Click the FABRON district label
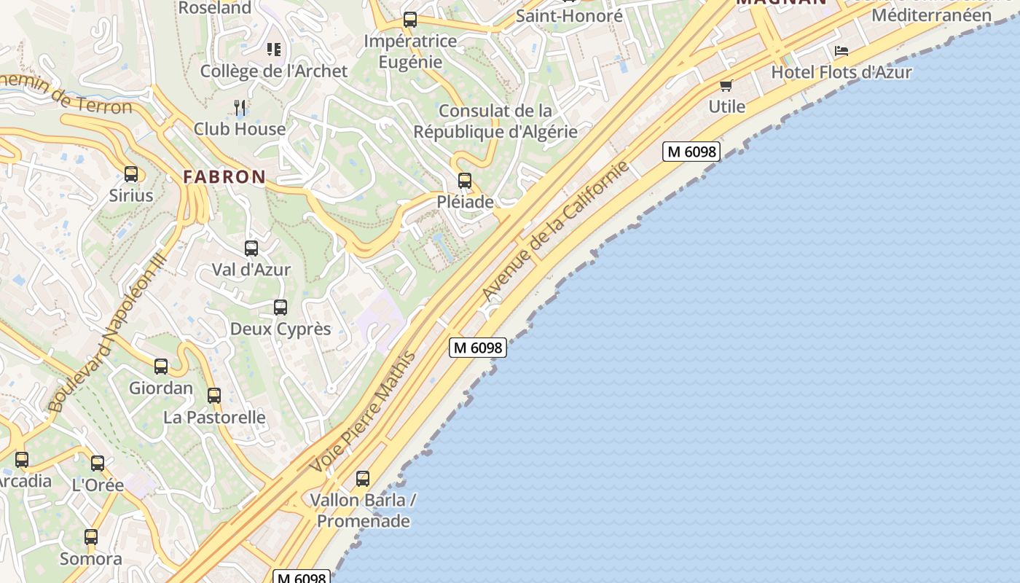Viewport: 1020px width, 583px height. [224, 176]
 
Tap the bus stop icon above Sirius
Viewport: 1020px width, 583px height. [131, 174]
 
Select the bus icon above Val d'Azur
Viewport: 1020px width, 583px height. [251, 249]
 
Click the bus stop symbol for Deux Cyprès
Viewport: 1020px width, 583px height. [280, 308]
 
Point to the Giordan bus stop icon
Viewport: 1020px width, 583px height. [161, 367]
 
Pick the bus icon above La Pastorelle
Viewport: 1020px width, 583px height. [214, 396]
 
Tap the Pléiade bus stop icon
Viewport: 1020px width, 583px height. [465, 181]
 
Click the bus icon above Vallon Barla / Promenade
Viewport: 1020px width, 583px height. [363, 479]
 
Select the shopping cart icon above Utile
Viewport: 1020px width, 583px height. [726, 86]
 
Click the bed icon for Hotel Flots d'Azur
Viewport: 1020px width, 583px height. [841, 51]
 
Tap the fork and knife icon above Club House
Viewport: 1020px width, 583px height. [240, 108]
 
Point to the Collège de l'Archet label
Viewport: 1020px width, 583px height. [274, 71]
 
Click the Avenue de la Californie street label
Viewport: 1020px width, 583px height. [555, 231]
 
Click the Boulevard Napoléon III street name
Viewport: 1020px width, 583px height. [107, 332]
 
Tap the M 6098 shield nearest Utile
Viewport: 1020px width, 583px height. [691, 152]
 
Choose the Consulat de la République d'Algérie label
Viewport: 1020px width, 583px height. [495, 121]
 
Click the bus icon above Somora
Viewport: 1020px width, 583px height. [91, 537]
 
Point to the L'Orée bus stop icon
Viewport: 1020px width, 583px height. [98, 463]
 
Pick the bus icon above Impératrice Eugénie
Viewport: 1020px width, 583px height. [410, 20]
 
